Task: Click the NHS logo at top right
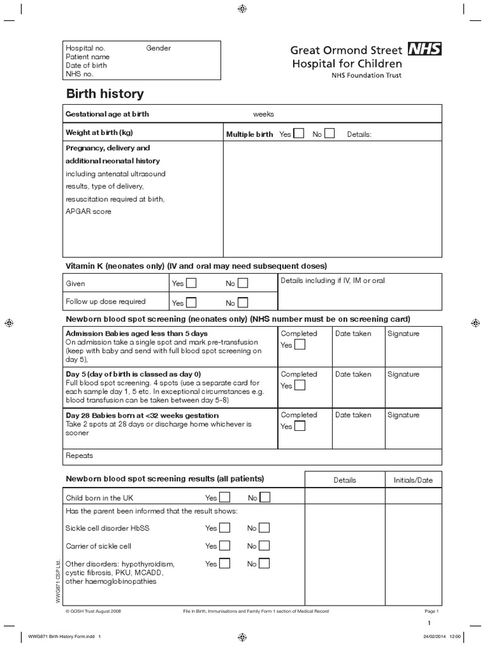tap(424, 49)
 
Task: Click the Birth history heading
tap(105, 94)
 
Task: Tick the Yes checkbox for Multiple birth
tap(299, 133)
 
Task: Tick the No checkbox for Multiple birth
tap(330, 133)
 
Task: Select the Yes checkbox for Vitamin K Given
tap(191, 283)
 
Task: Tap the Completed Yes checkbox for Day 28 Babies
tap(299, 426)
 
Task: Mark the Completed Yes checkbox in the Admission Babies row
tap(299, 344)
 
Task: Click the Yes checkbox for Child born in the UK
tap(224, 498)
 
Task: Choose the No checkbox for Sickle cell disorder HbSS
tap(265, 528)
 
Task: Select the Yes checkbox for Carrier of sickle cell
tap(224, 546)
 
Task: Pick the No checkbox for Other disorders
tap(265, 563)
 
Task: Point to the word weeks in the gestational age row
tap(263, 114)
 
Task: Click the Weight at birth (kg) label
tap(100, 132)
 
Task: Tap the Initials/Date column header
tap(413, 480)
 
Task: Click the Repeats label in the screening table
tap(80, 455)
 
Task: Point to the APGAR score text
tap(88, 211)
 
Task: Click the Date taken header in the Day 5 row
tap(353, 374)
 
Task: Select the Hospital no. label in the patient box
tap(86, 48)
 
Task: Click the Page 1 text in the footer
tap(431, 611)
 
